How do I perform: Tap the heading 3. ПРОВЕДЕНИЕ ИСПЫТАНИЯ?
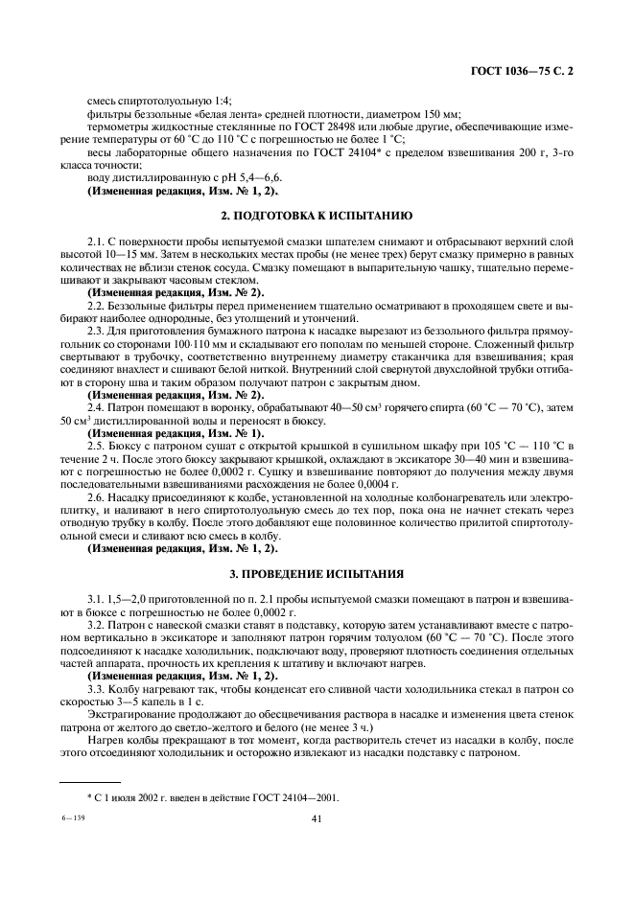pos(317,573)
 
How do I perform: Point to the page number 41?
pos(317,818)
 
